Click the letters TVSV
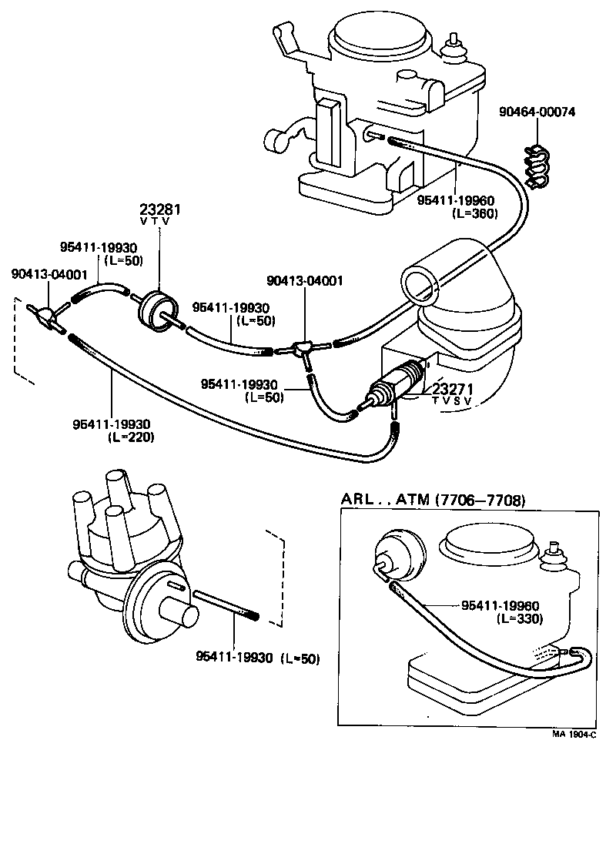click(x=451, y=401)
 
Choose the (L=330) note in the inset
click(x=520, y=618)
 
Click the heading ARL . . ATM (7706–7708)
click(x=433, y=501)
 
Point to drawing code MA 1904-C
click(x=574, y=734)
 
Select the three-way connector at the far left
click(x=49, y=315)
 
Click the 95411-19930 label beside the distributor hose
click(x=234, y=657)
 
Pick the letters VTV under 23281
click(x=155, y=221)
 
